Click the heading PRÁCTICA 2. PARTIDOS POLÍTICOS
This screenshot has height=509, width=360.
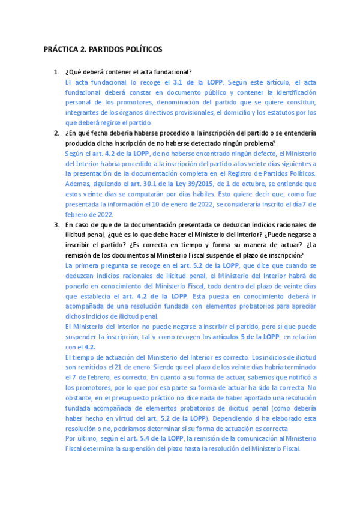point(103,49)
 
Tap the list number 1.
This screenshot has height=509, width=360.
point(56,72)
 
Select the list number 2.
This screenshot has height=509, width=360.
point(56,133)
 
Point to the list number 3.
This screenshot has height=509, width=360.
point(56,224)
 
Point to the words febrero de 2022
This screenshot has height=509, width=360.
point(87,215)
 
